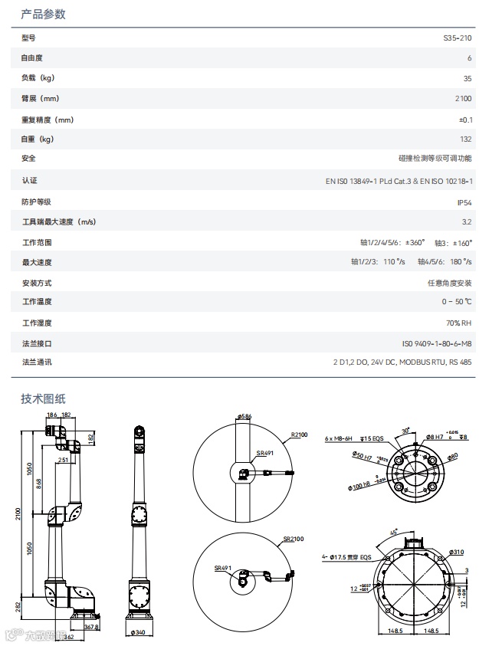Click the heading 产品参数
click(43, 14)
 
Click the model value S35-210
click(458, 38)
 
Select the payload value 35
click(468, 78)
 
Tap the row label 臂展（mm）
click(41, 99)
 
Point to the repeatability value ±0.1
click(465, 120)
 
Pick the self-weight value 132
click(465, 139)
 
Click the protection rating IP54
click(464, 202)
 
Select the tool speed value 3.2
click(467, 222)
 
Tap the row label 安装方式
click(37, 283)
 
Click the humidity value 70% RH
click(459, 323)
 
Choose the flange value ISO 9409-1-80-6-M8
click(437, 344)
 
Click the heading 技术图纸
click(43, 398)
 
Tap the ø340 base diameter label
click(139, 632)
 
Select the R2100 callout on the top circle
click(299, 434)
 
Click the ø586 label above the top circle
click(244, 417)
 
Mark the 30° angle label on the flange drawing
click(408, 431)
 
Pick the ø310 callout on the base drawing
click(457, 552)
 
